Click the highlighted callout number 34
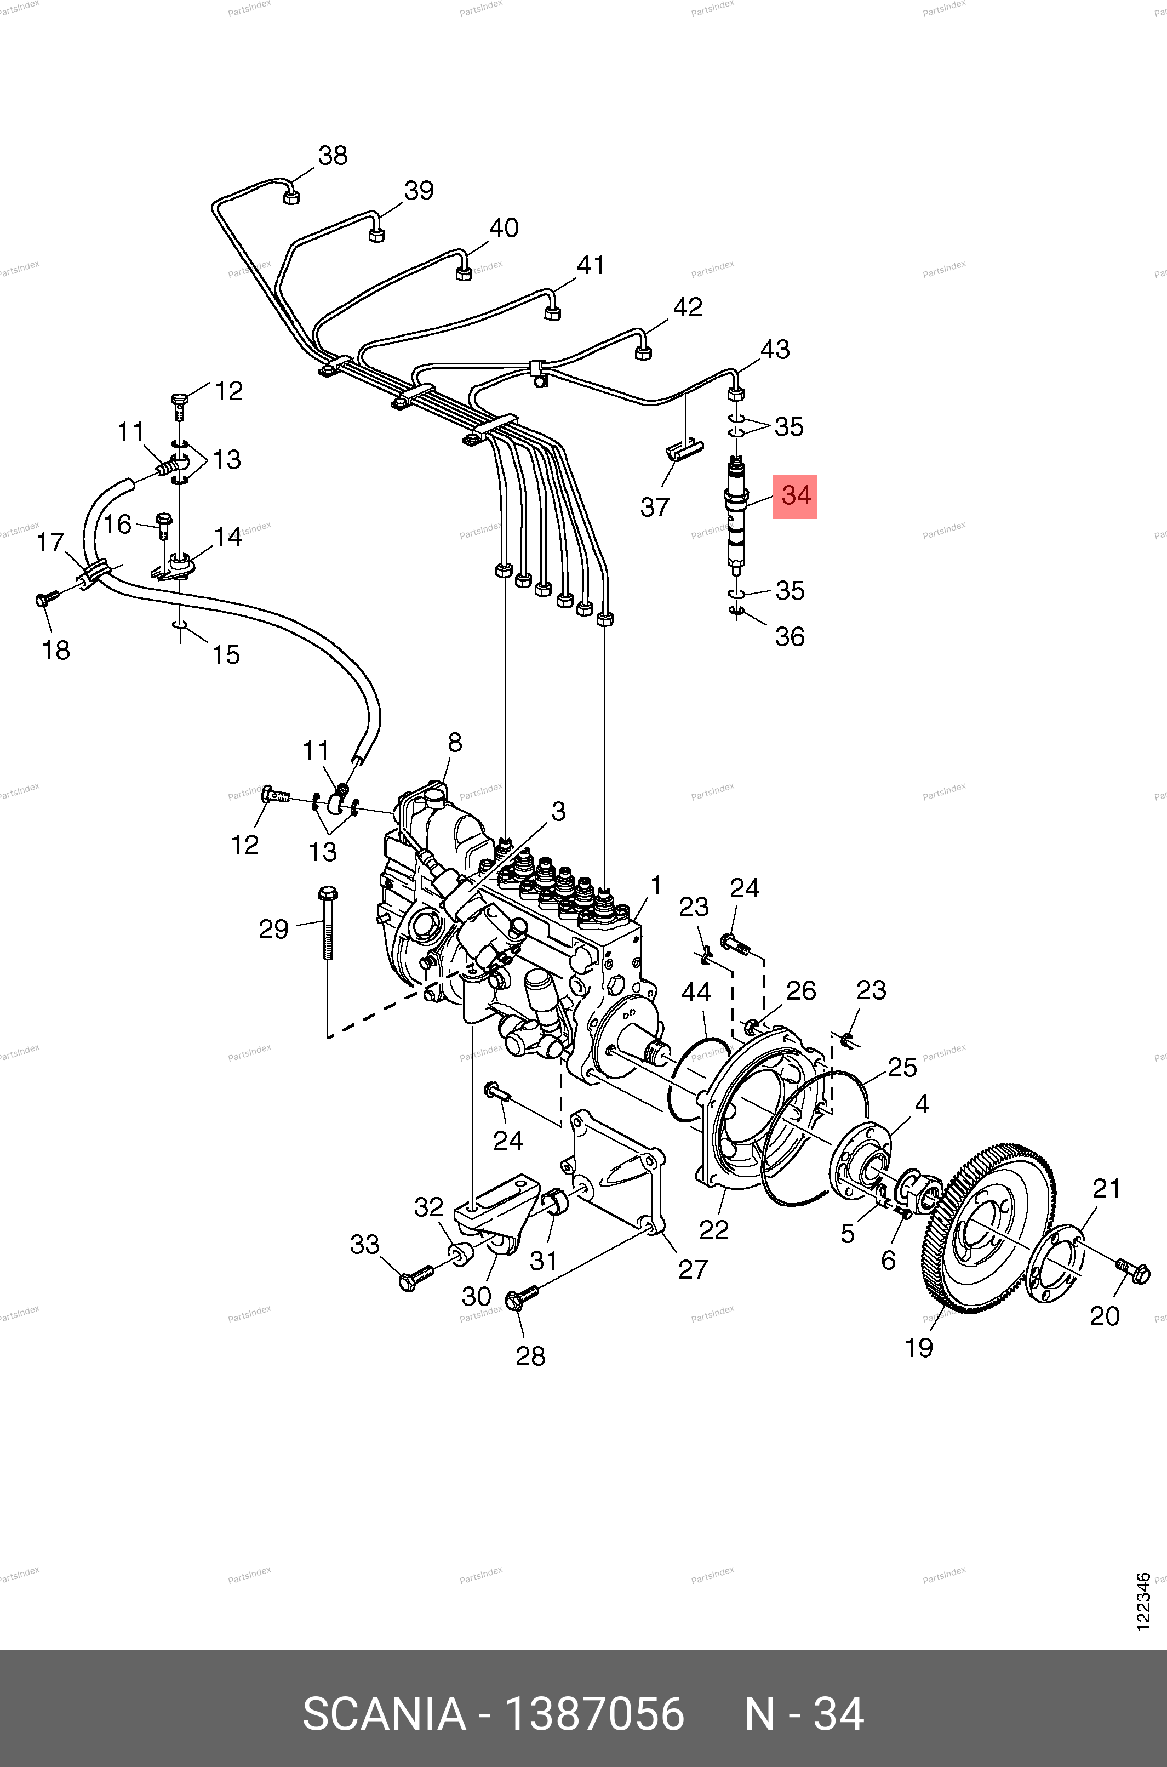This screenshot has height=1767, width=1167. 795,495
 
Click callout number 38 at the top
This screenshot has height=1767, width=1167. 333,156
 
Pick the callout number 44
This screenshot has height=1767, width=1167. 696,992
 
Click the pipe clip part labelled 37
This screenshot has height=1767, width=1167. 684,451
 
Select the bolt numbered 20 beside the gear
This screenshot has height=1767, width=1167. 1132,1273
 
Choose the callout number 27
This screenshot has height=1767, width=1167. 692,1269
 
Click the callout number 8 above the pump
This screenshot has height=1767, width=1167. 455,742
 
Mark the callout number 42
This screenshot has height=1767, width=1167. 687,307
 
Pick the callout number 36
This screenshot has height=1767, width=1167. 789,636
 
